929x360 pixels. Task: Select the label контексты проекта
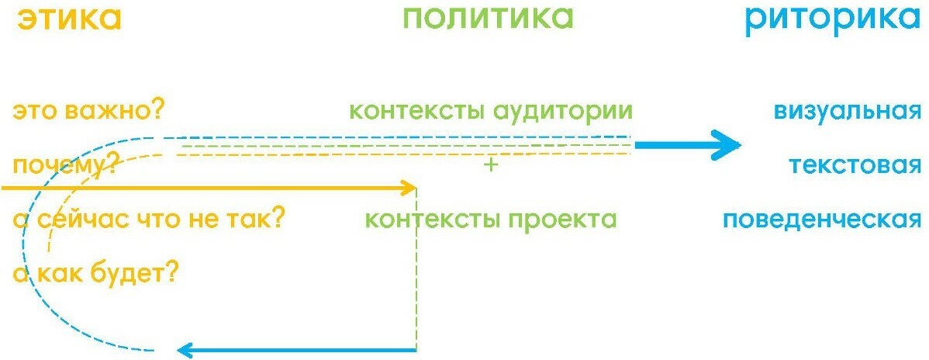(491, 220)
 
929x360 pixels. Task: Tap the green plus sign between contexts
(489, 165)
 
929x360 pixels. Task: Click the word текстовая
(855, 165)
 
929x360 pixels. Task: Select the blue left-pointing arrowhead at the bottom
(185, 350)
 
